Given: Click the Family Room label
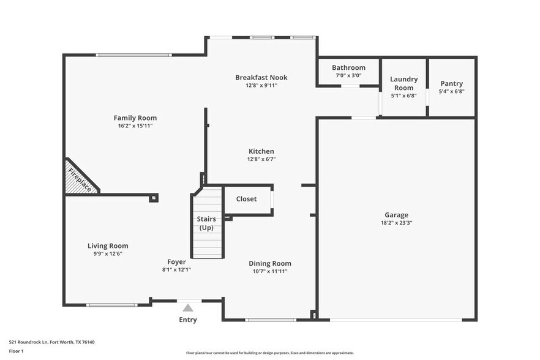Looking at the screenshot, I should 135,118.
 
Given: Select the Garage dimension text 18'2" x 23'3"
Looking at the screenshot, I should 396,223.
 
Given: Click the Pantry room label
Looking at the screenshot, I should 451,83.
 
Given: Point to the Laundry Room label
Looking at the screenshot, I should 403,83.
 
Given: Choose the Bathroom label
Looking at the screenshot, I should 348,67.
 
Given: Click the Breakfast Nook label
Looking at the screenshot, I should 261,77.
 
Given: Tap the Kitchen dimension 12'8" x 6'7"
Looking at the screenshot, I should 261,159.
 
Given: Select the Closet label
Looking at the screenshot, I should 246,199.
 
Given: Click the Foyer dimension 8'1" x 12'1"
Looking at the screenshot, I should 176,270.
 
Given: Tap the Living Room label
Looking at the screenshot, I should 108,246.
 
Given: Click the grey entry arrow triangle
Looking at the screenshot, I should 188,308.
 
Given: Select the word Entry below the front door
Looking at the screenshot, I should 188,320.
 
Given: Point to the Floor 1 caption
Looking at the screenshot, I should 16,351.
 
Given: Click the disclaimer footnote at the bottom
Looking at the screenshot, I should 269,353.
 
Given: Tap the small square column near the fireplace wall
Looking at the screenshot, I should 154,198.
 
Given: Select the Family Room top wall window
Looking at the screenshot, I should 133,55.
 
